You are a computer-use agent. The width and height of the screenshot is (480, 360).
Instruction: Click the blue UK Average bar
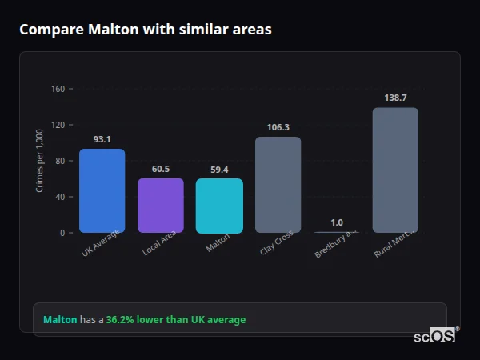pyautogui.click(x=102, y=190)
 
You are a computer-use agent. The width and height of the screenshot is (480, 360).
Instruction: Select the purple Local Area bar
pyautogui.click(x=161, y=205)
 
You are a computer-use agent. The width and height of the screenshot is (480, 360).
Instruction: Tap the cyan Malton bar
pyautogui.click(x=219, y=206)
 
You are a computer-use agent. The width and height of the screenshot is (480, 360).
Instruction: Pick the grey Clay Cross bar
pyautogui.click(x=278, y=185)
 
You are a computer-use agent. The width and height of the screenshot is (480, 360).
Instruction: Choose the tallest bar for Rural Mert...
pyautogui.click(x=395, y=170)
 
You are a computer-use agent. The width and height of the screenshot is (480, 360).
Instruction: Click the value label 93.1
pyautogui.click(x=102, y=139)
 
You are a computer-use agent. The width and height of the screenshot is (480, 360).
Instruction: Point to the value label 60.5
pyautogui.click(x=161, y=169)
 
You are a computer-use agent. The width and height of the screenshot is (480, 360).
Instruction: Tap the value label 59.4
pyautogui.click(x=219, y=170)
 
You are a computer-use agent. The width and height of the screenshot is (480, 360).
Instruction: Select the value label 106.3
pyautogui.click(x=278, y=127)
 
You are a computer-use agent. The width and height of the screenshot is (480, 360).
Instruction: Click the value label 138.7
pyautogui.click(x=395, y=98)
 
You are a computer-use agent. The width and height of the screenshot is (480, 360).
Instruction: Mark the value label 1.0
pyautogui.click(x=337, y=222)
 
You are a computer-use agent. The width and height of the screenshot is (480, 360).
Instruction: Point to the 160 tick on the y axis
pyautogui.click(x=58, y=89)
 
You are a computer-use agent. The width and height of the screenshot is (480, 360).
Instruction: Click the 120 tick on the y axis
pyautogui.click(x=58, y=125)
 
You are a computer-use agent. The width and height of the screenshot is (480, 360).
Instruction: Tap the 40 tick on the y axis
pyautogui.click(x=58, y=197)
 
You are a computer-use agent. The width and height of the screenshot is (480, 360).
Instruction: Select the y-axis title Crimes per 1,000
pyautogui.click(x=39, y=161)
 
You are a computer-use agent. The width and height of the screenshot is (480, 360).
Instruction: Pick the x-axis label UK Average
pyautogui.click(x=101, y=243)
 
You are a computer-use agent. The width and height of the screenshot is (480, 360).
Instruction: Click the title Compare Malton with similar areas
pyautogui.click(x=145, y=30)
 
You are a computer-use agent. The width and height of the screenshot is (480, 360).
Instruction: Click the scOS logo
pyautogui.click(x=435, y=336)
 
